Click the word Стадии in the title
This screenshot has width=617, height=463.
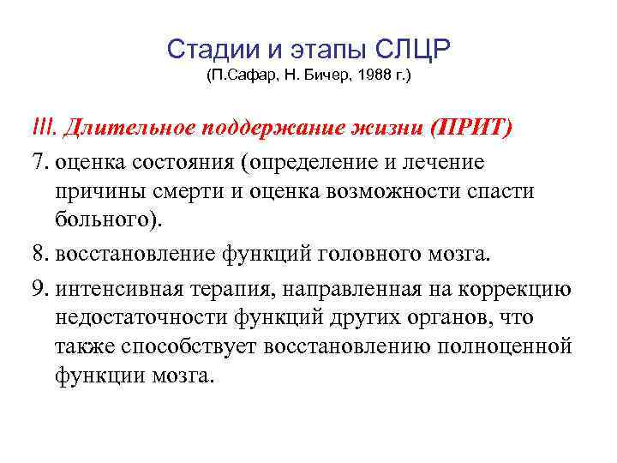(201, 49)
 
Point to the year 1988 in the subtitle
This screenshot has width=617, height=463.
(373, 77)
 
